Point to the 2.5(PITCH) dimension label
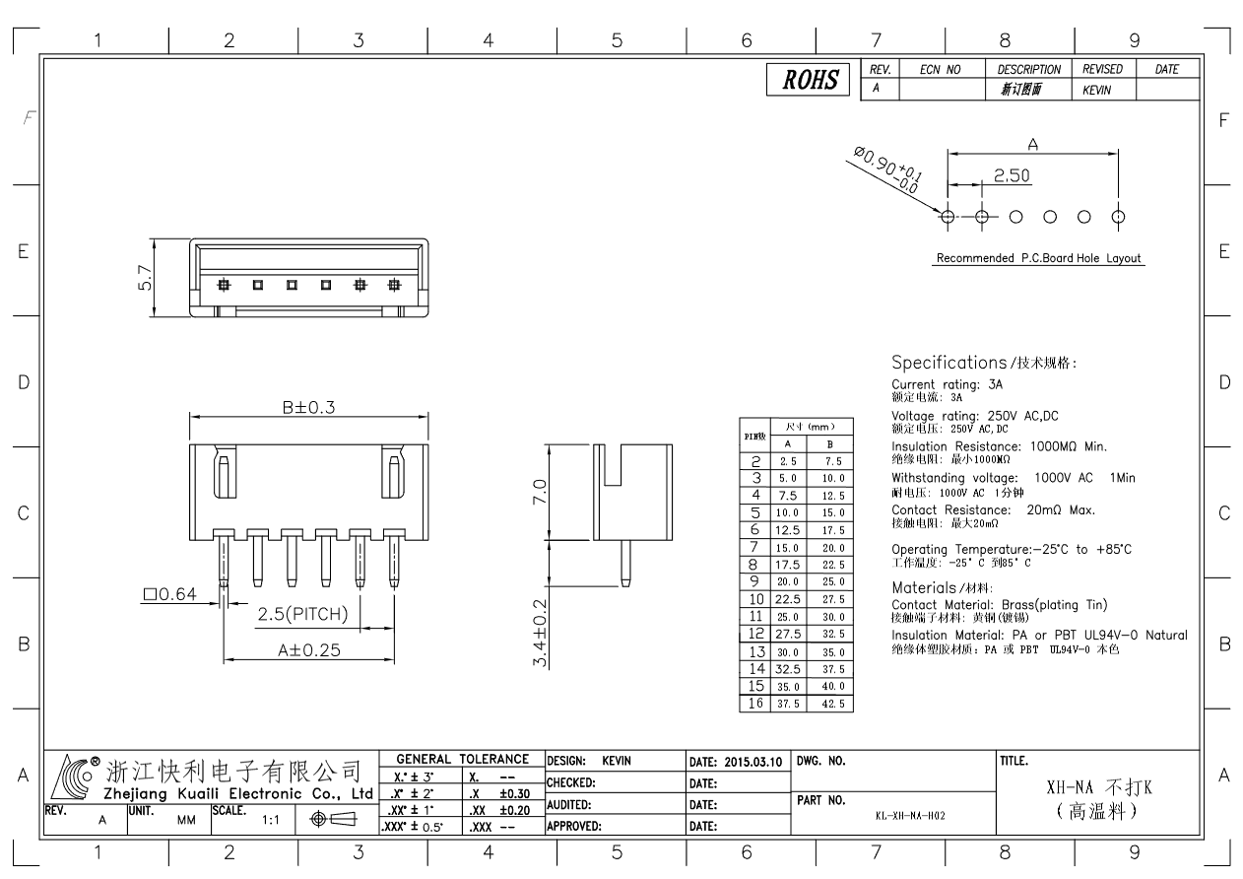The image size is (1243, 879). coord(302,615)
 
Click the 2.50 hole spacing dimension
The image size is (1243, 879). coord(1012,175)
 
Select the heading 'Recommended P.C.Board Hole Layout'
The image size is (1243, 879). coord(1036,258)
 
